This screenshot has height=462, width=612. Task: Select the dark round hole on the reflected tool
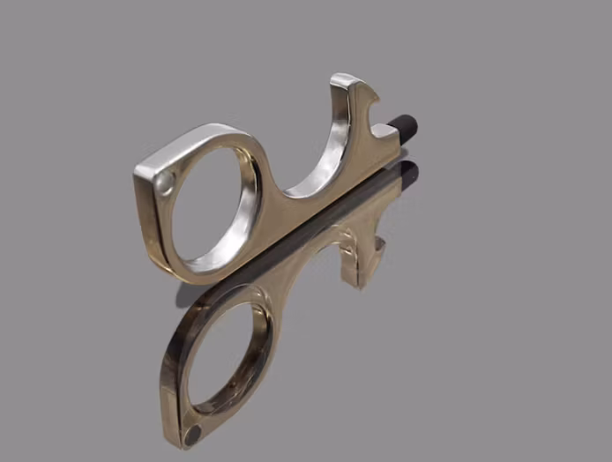point(192,433)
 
